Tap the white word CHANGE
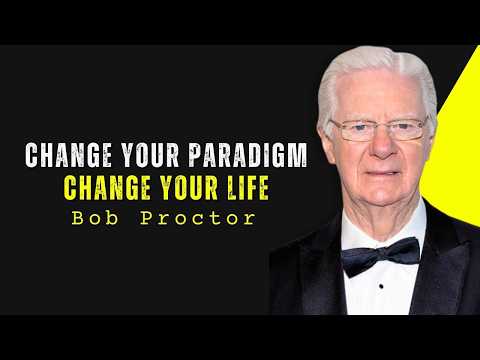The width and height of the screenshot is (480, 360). (x=61, y=157)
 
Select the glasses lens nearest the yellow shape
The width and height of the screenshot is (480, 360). (x=408, y=129)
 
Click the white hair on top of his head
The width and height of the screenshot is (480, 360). (x=375, y=63)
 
